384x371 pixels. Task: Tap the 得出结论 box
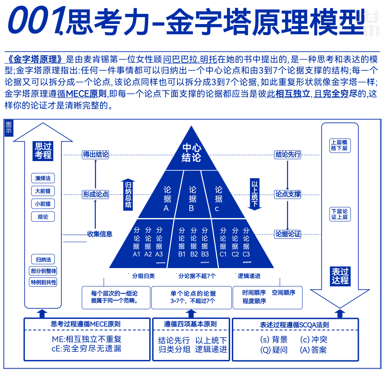click(x=96, y=155)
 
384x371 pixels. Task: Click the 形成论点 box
click(x=96, y=194)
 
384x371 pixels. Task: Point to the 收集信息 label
click(x=100, y=234)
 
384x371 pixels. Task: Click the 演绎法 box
click(x=43, y=178)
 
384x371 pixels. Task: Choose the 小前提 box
click(x=43, y=204)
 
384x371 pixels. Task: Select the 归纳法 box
click(x=43, y=260)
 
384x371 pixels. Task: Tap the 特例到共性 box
click(x=43, y=282)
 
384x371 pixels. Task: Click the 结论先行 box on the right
click(x=288, y=155)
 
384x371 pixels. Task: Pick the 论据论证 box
click(x=288, y=234)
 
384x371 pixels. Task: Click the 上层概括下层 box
click(x=339, y=145)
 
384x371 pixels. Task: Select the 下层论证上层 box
click(x=339, y=214)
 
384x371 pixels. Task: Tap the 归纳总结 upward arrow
click(x=128, y=194)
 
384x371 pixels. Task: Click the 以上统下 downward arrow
click(x=255, y=194)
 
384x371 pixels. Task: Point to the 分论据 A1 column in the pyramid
click(x=136, y=242)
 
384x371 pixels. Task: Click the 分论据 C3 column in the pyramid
click(x=246, y=242)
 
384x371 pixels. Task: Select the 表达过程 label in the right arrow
click(x=340, y=276)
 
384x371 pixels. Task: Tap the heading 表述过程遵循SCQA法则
click(x=295, y=325)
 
